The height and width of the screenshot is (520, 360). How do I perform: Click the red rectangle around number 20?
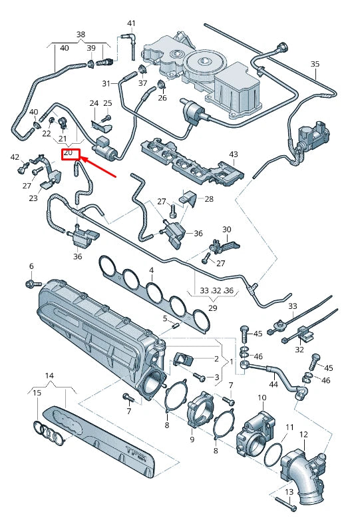[70, 154]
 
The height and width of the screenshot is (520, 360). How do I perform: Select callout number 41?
[131, 23]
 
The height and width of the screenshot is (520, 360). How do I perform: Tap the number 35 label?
[315, 63]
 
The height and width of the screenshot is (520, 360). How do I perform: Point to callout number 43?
[233, 154]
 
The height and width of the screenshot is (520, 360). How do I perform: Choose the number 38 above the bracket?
[81, 34]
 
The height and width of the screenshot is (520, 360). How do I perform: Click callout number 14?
[49, 376]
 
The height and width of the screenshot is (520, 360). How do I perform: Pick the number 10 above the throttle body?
[262, 397]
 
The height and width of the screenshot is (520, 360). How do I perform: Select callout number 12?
[303, 434]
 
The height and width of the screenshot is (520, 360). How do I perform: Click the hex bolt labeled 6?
[31, 284]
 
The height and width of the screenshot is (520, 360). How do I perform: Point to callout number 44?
[273, 384]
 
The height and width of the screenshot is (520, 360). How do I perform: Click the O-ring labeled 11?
[273, 456]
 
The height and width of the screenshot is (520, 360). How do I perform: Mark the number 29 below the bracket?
[213, 308]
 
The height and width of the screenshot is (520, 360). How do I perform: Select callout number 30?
[226, 230]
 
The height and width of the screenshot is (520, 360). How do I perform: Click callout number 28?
[209, 199]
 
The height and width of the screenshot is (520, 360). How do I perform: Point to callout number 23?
[33, 198]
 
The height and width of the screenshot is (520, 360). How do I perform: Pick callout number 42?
[15, 157]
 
